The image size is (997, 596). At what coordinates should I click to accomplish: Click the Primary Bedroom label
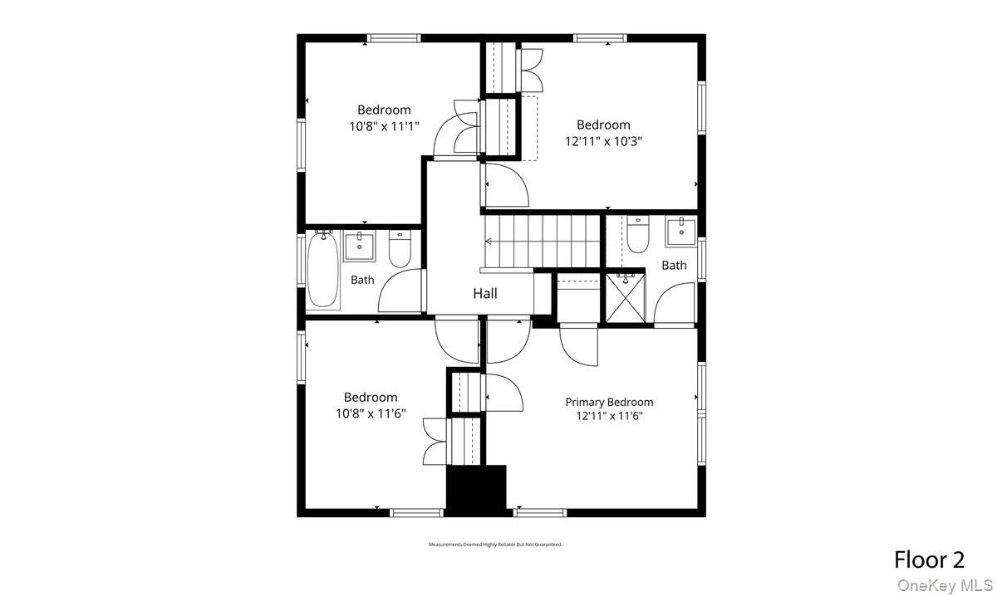[609, 402]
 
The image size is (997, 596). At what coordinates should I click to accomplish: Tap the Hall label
[485, 293]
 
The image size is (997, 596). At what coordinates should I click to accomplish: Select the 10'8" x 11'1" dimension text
[384, 126]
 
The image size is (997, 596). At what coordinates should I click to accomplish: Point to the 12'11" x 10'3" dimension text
[603, 141]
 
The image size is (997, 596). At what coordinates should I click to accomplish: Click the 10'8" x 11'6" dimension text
[371, 413]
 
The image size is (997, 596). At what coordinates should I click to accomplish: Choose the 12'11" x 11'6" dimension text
[609, 416]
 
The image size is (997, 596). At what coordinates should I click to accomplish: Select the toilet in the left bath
[400, 247]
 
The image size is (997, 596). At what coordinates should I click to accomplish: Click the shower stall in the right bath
[625, 298]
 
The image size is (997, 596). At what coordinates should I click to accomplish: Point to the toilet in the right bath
[638, 235]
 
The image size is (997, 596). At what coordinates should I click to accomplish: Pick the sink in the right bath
[681, 232]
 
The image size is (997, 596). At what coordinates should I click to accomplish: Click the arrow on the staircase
[489, 242]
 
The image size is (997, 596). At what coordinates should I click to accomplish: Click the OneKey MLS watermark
[945, 584]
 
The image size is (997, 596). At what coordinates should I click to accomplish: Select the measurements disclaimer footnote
[495, 545]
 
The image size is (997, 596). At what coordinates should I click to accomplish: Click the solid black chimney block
[476, 490]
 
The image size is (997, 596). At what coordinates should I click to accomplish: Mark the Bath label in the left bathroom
[362, 280]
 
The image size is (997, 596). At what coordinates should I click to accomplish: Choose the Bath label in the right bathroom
[674, 266]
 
